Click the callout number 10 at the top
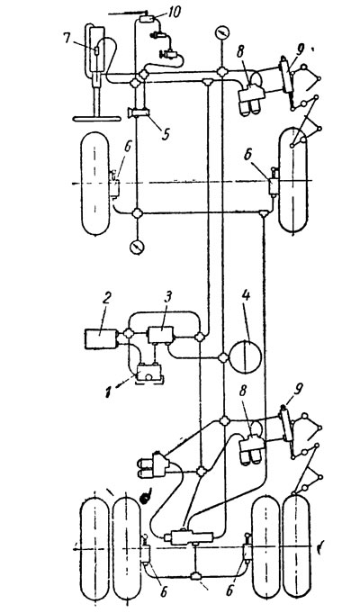click(172, 12)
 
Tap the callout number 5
click(166, 133)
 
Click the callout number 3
click(166, 302)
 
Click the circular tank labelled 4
click(245, 356)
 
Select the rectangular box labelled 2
click(101, 338)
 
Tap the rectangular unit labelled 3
click(161, 335)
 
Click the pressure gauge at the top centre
click(222, 32)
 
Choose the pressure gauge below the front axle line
click(137, 247)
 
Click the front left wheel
click(95, 184)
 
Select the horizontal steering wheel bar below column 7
click(96, 118)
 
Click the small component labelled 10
click(148, 18)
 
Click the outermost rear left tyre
click(94, 546)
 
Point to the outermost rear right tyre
click(296, 545)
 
